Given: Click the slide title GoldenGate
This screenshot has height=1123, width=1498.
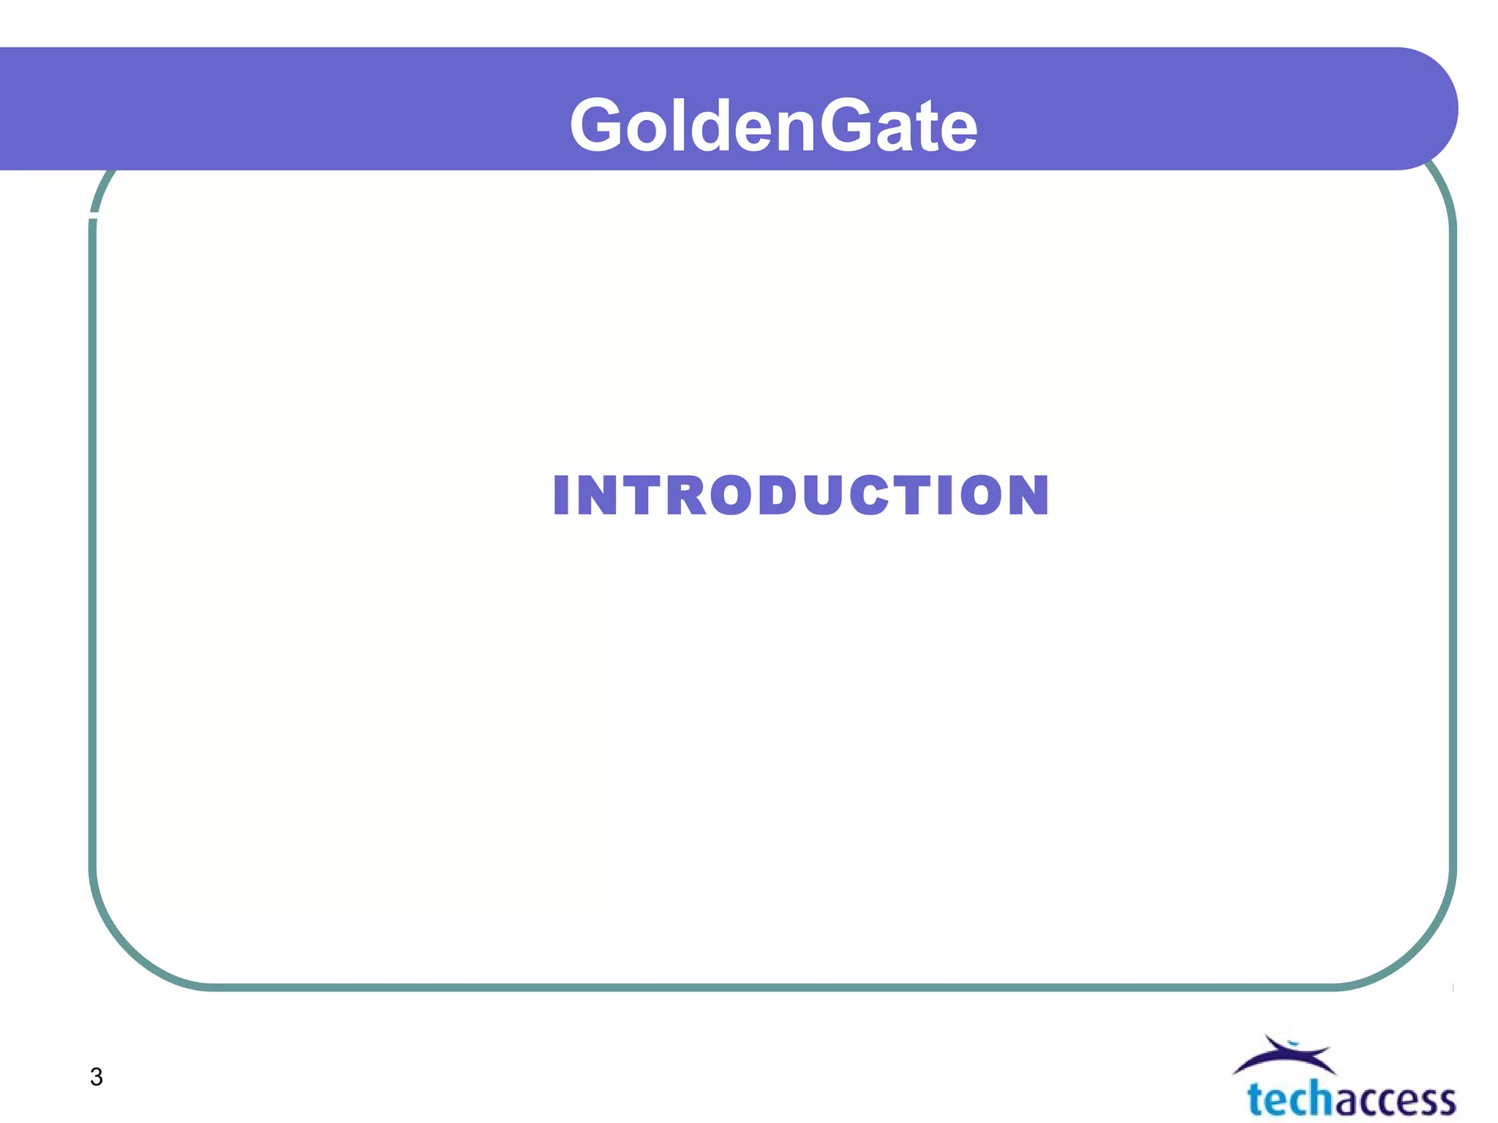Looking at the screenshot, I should (x=773, y=126).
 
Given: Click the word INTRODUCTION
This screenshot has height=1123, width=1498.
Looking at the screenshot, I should (x=801, y=496).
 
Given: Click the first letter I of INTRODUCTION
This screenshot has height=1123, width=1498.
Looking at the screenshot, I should (x=561, y=496).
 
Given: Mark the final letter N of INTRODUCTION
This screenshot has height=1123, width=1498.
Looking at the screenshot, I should (x=1028, y=496).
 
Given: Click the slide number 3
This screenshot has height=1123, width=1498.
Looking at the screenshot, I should (x=96, y=1077).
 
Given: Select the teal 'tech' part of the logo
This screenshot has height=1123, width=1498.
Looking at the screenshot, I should (x=1290, y=1100).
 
